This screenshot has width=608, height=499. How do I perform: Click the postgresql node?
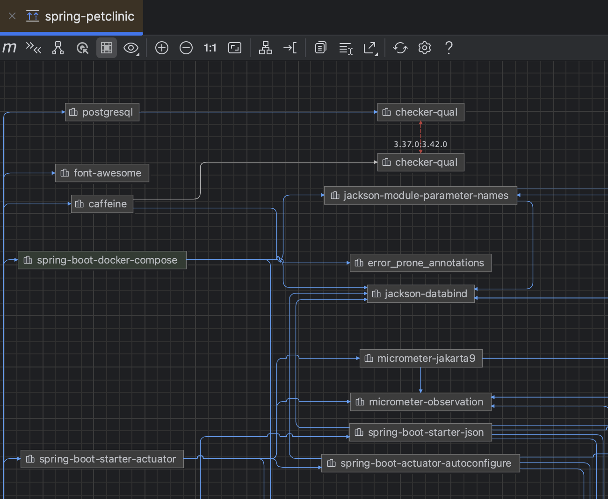coord(102,112)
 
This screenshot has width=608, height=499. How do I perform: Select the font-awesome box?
coord(102,173)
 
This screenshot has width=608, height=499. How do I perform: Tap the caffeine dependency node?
coord(102,204)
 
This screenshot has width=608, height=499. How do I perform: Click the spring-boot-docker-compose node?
coord(102,260)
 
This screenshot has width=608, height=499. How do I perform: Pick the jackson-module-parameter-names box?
coord(420,196)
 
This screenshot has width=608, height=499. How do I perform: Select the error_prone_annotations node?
coord(420,263)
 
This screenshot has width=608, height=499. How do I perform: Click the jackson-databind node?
coord(420,294)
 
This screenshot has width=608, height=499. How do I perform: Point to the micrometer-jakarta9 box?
coord(420,359)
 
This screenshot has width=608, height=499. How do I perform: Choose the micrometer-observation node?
coord(420,402)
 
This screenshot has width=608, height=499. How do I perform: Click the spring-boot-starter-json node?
coord(420,433)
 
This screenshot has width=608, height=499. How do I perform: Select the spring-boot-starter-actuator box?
coord(102,459)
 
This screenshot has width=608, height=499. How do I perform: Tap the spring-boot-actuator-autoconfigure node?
coord(420,463)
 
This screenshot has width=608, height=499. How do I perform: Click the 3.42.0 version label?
coord(435,144)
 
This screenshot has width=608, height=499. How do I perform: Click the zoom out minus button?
coord(186,48)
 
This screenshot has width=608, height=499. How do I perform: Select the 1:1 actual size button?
coord(210,48)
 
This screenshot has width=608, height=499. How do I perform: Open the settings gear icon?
coord(425,48)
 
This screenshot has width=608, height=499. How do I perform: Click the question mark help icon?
coord(449,48)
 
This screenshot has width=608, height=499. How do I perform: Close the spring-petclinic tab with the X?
coord(12,16)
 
